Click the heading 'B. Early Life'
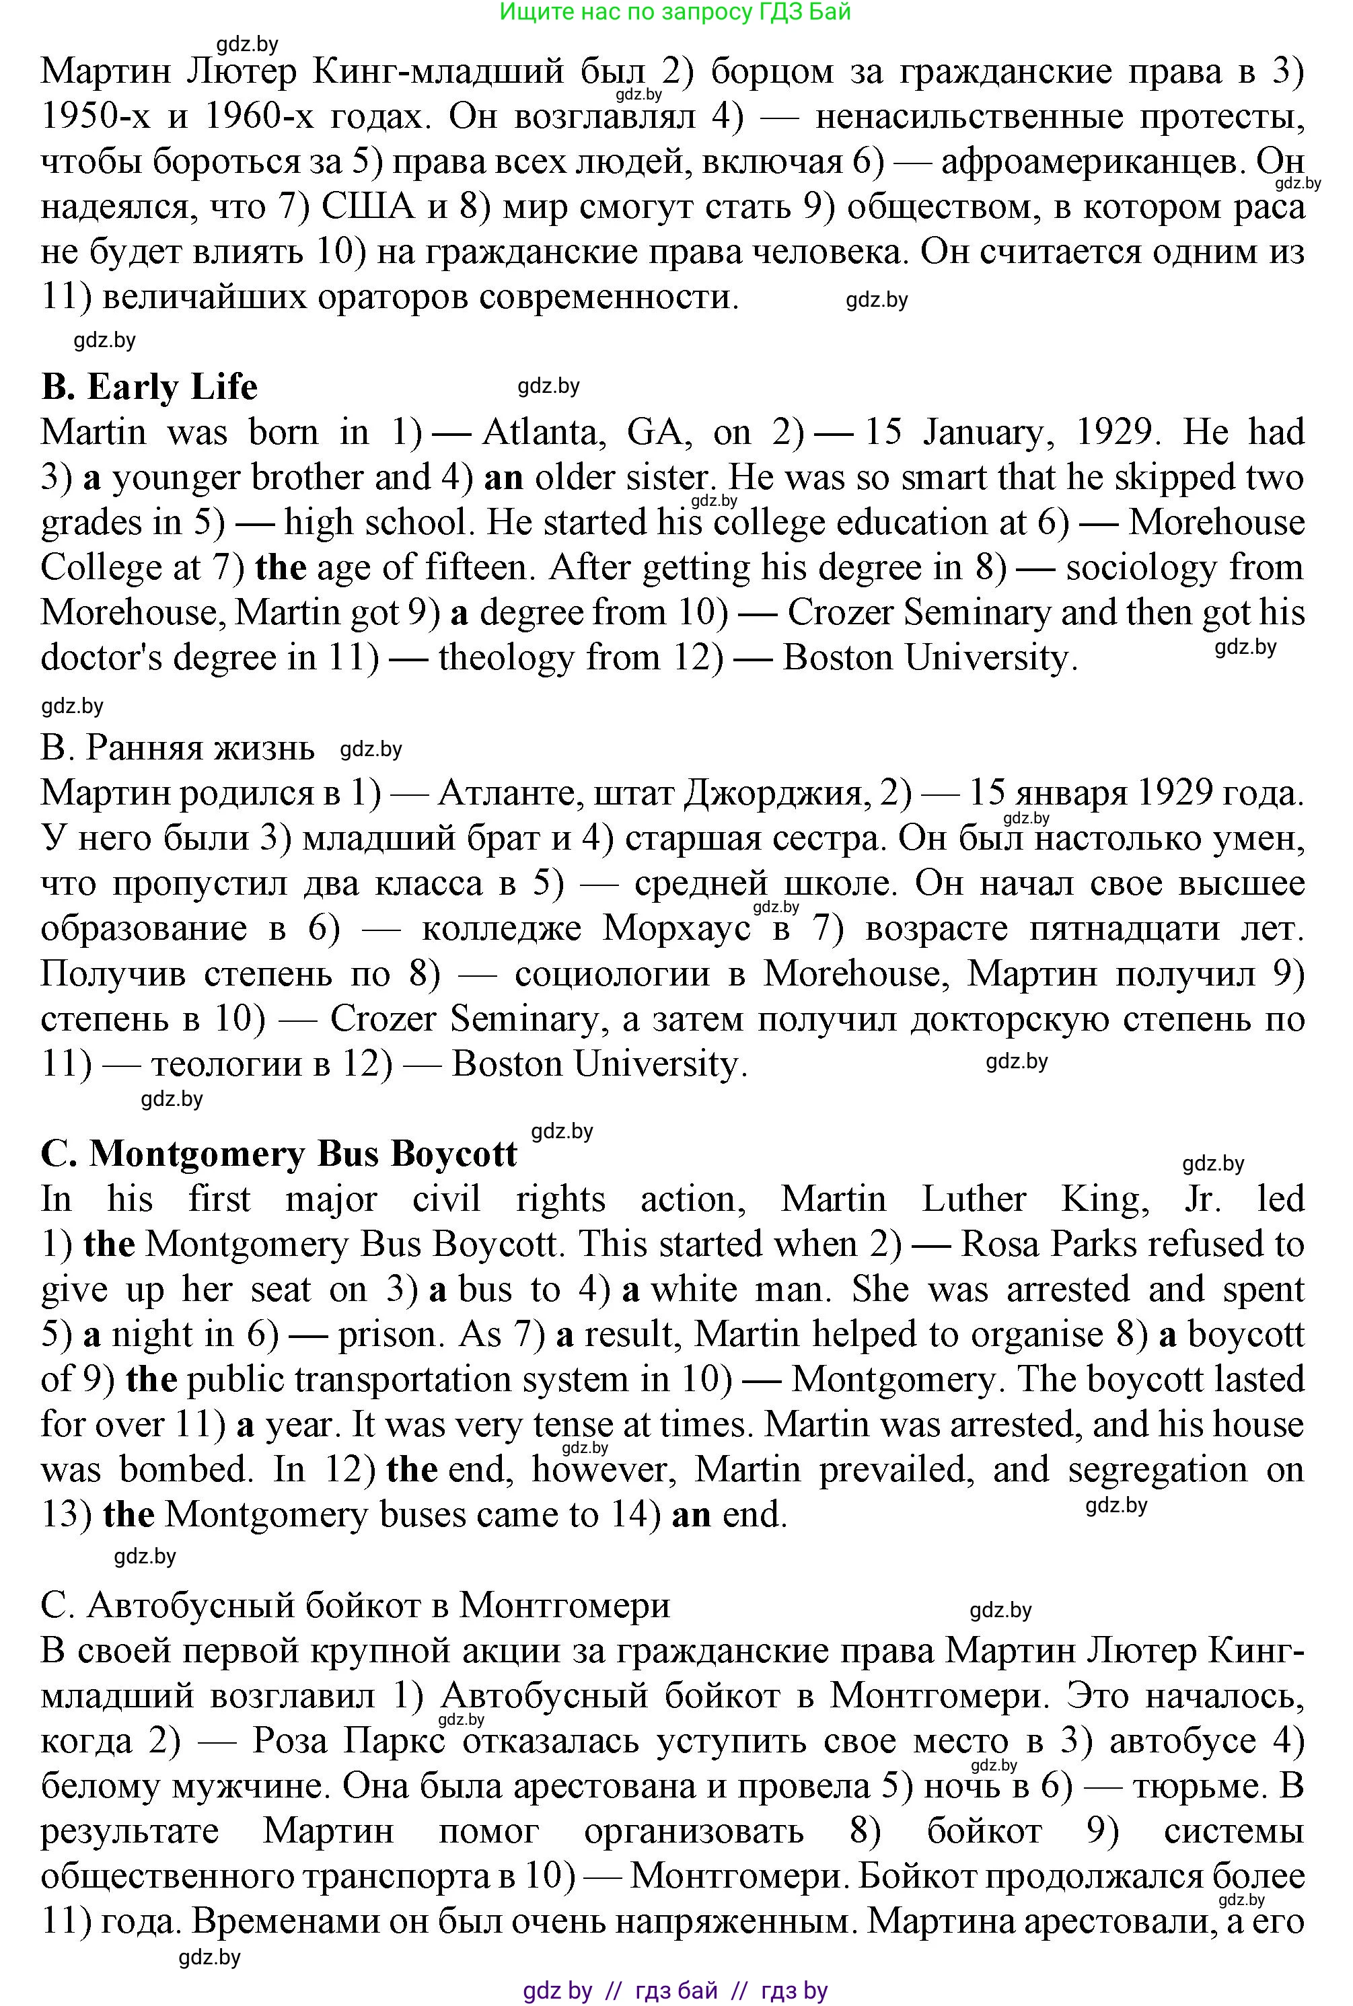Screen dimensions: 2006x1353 pyautogui.click(x=149, y=387)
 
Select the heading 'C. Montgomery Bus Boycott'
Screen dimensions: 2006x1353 pyautogui.click(x=279, y=1154)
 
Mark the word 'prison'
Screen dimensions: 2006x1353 pyautogui.click(x=390, y=1335)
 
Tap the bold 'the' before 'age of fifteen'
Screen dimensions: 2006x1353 pyautogui.click(x=281, y=568)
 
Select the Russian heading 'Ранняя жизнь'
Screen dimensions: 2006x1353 pyautogui.click(x=177, y=748)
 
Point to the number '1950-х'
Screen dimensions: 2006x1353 pyautogui.click(x=94, y=116)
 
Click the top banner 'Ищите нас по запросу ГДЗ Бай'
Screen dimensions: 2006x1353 pyautogui.click(x=675, y=11)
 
